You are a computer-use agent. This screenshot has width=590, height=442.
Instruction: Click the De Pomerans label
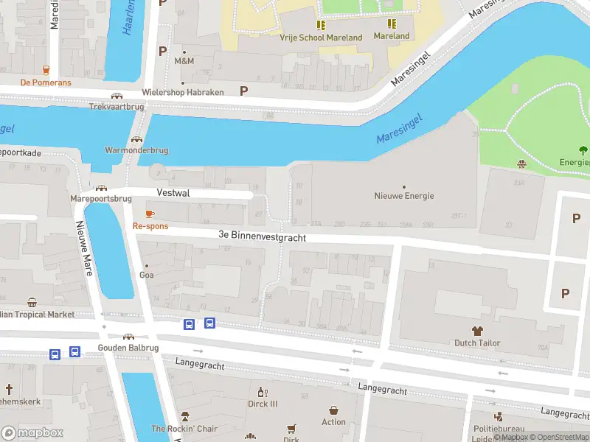pos(46,83)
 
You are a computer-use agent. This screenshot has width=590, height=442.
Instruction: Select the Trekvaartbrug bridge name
pos(116,106)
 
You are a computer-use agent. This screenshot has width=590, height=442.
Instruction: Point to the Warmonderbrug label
pos(136,150)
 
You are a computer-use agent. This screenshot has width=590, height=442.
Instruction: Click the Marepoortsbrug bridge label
pos(100,199)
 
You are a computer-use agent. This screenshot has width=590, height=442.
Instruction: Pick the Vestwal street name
pos(173,192)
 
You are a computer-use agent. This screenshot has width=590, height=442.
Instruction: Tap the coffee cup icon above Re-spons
pos(150,214)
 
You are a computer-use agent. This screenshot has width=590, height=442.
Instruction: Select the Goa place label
pos(147,275)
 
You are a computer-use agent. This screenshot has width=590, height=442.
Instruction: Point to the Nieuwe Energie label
pos(404,196)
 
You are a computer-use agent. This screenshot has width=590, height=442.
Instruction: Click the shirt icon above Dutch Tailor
pos(477,331)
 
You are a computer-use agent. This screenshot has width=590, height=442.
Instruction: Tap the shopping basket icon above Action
pos(333,410)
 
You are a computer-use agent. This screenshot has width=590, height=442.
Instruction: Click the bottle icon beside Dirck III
pos(261,392)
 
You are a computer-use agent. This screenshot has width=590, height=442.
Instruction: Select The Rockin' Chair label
pos(184,429)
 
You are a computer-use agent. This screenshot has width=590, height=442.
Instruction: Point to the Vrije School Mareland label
pos(321,37)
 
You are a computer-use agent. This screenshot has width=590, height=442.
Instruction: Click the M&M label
pos(184,61)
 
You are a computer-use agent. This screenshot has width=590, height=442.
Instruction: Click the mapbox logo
pos(32,432)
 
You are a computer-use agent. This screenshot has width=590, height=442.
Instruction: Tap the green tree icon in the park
pos(583,151)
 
